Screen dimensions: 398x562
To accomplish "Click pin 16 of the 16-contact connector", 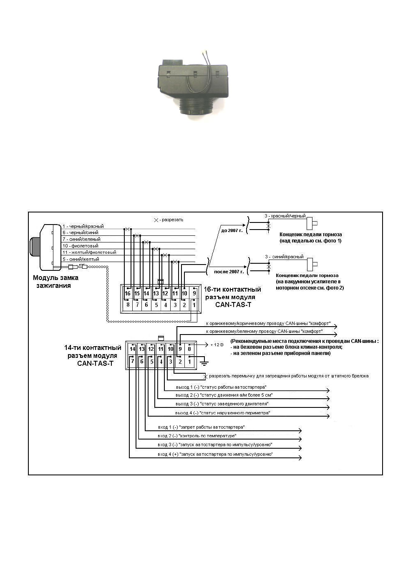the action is (x=128, y=293).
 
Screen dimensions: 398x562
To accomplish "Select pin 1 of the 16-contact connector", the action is (x=194, y=305).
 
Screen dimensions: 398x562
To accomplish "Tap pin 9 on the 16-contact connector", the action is (x=194, y=293).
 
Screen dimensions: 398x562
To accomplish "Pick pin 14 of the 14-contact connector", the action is (x=132, y=349).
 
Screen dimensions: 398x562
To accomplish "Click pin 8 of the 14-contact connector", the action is (x=189, y=349).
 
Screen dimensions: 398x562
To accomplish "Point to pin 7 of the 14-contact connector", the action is (x=132, y=361).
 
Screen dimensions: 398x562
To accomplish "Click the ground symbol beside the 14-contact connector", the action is (x=204, y=362).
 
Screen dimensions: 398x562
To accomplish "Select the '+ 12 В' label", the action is (x=217, y=345).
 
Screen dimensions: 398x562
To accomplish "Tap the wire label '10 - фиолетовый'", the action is (x=81, y=246).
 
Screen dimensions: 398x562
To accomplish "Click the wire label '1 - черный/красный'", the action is (x=83, y=226).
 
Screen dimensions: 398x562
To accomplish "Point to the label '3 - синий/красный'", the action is (x=284, y=257).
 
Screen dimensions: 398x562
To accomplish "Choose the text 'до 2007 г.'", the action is (x=232, y=230).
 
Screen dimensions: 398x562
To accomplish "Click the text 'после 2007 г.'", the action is (x=229, y=272).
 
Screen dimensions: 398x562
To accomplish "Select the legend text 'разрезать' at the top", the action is (x=172, y=220).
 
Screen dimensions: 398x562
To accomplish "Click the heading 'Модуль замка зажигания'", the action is (x=55, y=282).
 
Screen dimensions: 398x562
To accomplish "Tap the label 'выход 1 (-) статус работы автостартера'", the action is (x=221, y=387).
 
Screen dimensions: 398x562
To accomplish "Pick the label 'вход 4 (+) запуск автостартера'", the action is (x=215, y=454).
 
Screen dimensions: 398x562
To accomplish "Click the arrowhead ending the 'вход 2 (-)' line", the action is (x=300, y=440).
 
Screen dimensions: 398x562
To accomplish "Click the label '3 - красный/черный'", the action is (x=285, y=216).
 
